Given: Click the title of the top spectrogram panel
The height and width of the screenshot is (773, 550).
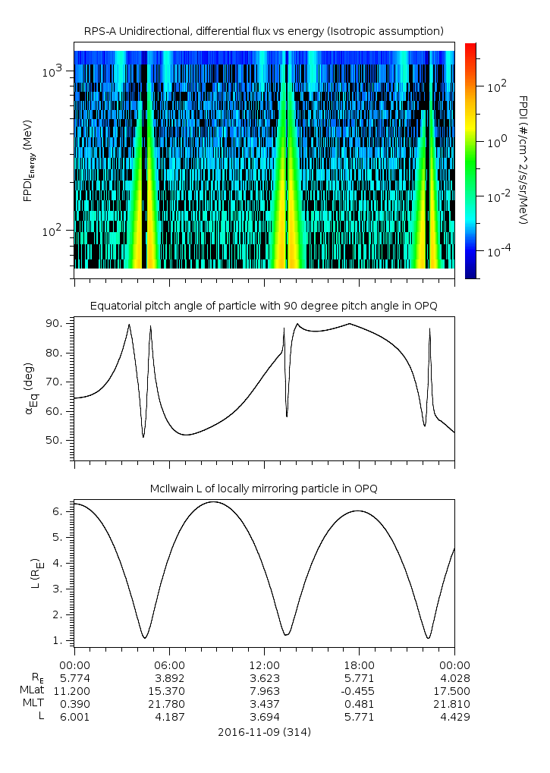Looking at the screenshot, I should (263, 30).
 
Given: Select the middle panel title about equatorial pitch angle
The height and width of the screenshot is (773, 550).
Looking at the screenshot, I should (263, 306).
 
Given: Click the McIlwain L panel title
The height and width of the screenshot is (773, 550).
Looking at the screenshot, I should (263, 488).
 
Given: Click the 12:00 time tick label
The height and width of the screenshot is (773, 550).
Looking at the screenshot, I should (264, 665).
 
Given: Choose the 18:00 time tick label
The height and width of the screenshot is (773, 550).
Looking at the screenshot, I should (359, 665).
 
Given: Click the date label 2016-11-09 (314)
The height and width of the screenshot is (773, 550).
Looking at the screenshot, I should (263, 732).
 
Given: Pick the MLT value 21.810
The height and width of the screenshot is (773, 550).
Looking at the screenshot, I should (454, 704).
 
